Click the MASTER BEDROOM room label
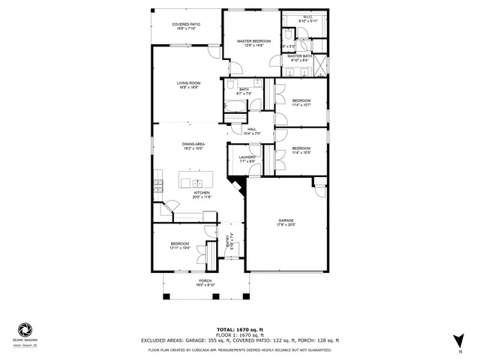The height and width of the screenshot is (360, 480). click(x=254, y=41)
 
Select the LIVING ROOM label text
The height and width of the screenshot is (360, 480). click(x=188, y=82)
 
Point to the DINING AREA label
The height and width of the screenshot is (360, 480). click(x=193, y=144)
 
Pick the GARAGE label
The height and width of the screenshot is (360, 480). click(x=286, y=220)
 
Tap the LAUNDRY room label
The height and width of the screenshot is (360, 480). click(x=247, y=157)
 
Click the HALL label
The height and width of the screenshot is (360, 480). click(x=252, y=129)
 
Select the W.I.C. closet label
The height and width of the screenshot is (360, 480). click(x=307, y=16)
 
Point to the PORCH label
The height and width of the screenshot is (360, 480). click(x=205, y=281)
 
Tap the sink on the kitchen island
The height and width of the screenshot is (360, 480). click(x=197, y=182)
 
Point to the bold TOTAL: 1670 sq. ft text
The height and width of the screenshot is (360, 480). click(x=240, y=329)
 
